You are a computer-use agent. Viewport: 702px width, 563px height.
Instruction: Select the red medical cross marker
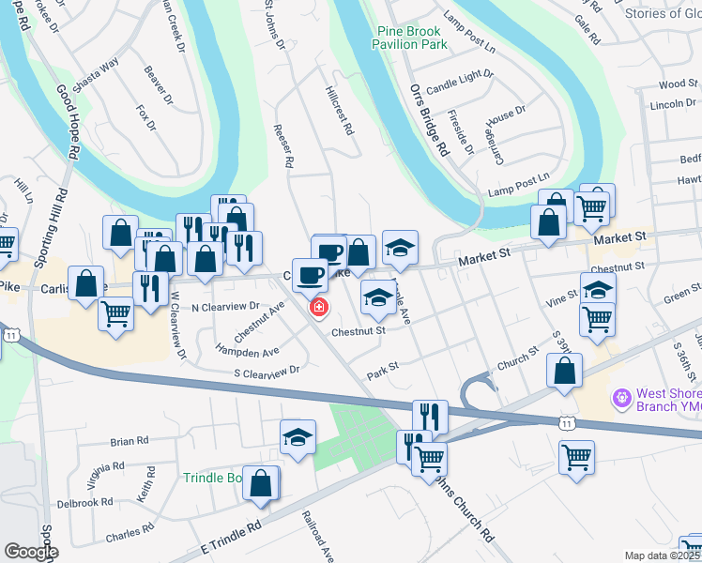click(x=318, y=307)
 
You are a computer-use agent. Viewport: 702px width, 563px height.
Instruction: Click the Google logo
click(x=31, y=552)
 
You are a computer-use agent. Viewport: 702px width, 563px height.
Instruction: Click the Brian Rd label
click(x=130, y=440)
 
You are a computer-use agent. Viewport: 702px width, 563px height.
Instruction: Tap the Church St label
click(x=518, y=358)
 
